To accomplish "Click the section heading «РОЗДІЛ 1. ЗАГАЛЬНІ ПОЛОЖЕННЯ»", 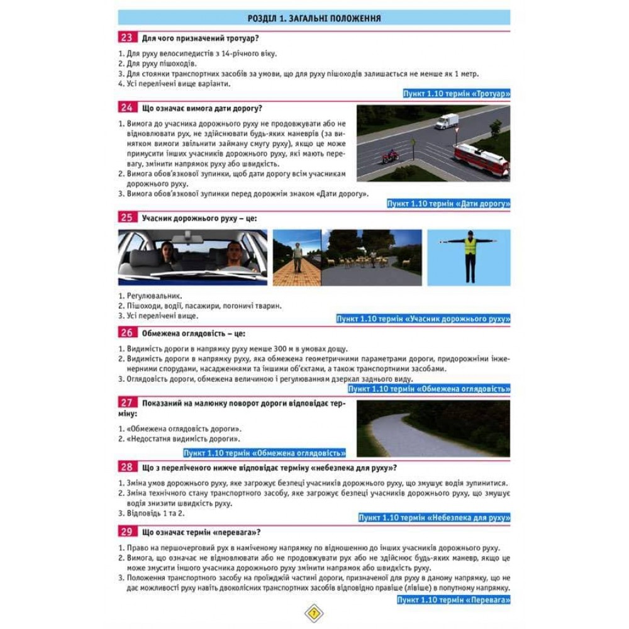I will (314, 18).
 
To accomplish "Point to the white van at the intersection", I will (447, 121).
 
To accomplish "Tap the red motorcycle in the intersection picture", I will (390, 154).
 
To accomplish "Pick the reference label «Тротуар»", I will (457, 94).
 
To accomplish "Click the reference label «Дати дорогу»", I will (448, 204).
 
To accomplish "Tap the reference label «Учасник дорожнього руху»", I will (423, 319).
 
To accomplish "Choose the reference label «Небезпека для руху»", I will (434, 518).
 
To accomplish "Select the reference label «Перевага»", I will (454, 599).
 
